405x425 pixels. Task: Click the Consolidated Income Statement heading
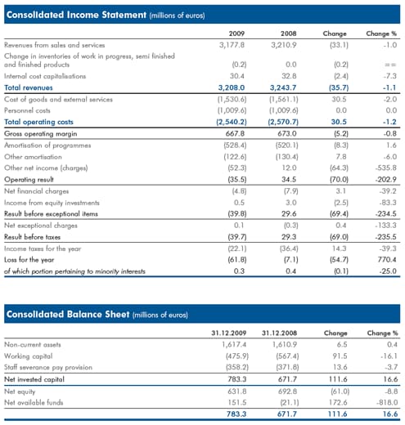(76, 15)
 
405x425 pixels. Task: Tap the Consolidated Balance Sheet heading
(68, 314)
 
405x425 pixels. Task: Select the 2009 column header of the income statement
(236, 34)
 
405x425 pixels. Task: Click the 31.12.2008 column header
(279, 333)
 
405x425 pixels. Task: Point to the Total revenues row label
(29, 87)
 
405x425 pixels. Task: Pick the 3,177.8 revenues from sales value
(232, 45)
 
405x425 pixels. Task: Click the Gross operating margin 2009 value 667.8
(235, 134)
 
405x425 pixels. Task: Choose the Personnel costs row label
(27, 110)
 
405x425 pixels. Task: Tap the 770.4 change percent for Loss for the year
(387, 260)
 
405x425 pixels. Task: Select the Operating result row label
(29, 180)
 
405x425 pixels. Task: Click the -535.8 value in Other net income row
(385, 168)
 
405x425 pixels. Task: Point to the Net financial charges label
(36, 191)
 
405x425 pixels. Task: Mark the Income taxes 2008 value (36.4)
(289, 248)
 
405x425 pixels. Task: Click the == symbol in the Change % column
(390, 65)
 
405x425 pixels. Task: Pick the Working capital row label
(29, 356)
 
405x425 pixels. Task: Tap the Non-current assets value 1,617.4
(234, 345)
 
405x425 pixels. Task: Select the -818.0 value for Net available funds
(387, 402)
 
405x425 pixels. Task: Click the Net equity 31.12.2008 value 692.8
(288, 391)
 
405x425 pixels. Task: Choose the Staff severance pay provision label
(48, 368)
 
